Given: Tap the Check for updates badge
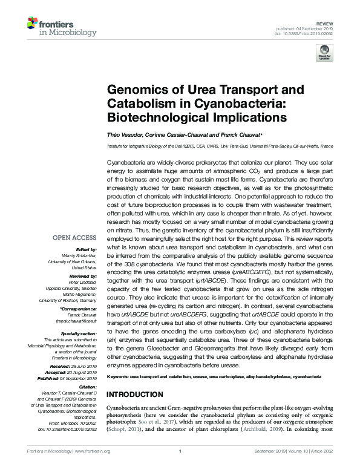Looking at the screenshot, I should point(325,51).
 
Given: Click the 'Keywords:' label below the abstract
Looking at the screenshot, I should point(119,376).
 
